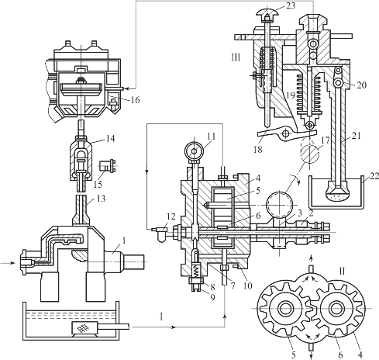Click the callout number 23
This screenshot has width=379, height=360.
291,5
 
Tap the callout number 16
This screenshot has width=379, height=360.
135,99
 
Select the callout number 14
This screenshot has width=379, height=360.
110,139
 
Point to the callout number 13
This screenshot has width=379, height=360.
101,199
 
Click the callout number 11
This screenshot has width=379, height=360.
211,137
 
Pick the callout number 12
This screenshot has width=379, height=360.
171,216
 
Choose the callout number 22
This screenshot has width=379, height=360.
374,176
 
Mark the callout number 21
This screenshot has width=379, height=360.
356,136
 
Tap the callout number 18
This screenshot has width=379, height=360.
258,149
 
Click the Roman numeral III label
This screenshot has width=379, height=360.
236,57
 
